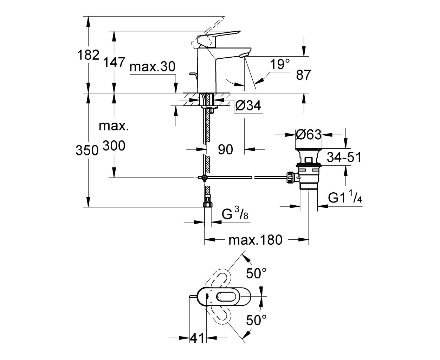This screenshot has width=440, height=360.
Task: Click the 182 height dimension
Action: coord(88,55)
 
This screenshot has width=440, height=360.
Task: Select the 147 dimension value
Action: coord(114,62)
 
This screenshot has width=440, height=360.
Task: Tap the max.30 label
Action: coord(152,67)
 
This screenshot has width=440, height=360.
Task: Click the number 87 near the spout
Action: coord(303,75)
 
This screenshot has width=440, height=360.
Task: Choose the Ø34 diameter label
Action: coord(248,105)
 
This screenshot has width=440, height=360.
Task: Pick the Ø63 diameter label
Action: coord(309,134)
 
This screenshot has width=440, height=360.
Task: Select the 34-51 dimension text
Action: coord(344,157)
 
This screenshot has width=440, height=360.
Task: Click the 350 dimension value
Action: coord(87,150)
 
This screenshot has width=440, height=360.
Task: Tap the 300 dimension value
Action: coord(114,146)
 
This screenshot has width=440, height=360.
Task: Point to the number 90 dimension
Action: coord(225,149)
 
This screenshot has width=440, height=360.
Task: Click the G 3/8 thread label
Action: coord(235,214)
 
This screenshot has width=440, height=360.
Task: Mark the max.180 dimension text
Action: coord(255,240)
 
